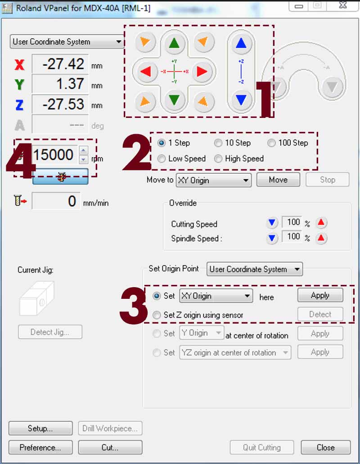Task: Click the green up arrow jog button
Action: pos(174,43)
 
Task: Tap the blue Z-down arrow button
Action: pos(241,100)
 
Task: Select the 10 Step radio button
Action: pos(218,143)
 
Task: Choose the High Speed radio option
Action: pos(218,158)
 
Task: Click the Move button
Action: pos(279,180)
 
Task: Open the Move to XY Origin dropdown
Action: pos(214,180)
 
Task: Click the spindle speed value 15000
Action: pos(54,154)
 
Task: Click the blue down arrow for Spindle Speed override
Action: pos(272,238)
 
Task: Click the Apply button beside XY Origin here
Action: pos(320,295)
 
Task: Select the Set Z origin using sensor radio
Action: pos(157,315)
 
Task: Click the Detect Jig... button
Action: pos(50,332)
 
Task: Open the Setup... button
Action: pos(40,428)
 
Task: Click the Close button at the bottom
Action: pos(326,447)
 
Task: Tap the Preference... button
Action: pos(40,447)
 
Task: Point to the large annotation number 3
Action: pos(133,305)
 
